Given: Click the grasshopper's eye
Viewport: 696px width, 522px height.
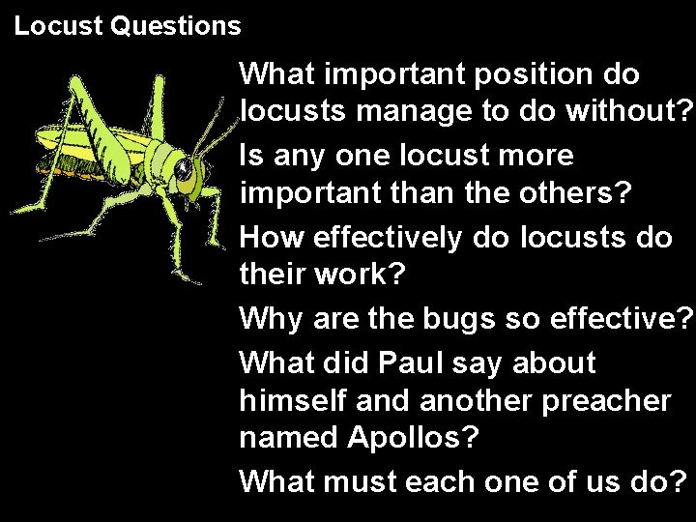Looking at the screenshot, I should coord(185,174).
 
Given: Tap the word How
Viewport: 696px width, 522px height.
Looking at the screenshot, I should coord(270,237).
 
